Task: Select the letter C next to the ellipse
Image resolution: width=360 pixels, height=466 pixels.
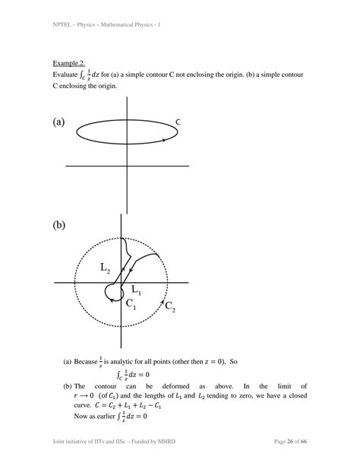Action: [x=178, y=122]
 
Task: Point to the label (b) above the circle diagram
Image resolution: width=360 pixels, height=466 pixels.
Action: [x=60, y=226]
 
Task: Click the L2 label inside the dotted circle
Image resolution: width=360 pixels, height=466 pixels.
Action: [x=106, y=268]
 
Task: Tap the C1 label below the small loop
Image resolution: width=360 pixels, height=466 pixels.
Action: [x=131, y=304]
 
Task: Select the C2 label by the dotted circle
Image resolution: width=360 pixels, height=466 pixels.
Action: [x=171, y=307]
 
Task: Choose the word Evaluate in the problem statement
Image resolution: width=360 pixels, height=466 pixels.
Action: [x=68, y=75]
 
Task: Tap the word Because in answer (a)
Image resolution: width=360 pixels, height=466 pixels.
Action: [x=87, y=362]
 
